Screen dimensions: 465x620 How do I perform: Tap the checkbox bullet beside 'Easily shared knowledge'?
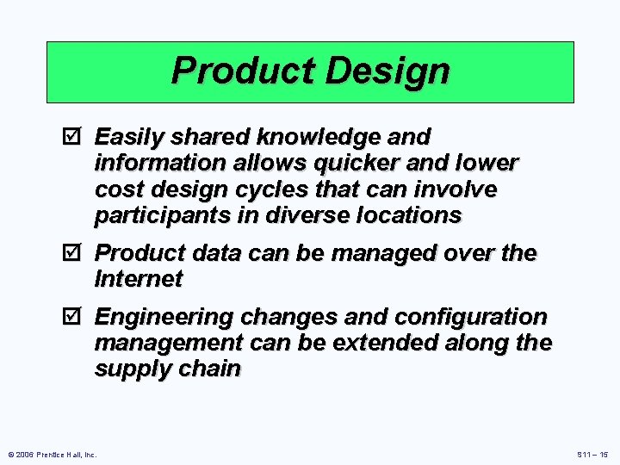[x=72, y=137]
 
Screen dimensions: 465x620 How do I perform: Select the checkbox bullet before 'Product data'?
[x=72, y=253]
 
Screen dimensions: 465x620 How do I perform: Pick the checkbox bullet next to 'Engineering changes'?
[x=72, y=318]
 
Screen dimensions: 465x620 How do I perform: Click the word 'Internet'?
[x=139, y=279]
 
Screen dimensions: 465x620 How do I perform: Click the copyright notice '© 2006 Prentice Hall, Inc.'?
[x=52, y=454]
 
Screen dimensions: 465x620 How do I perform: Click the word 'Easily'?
[x=129, y=137]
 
